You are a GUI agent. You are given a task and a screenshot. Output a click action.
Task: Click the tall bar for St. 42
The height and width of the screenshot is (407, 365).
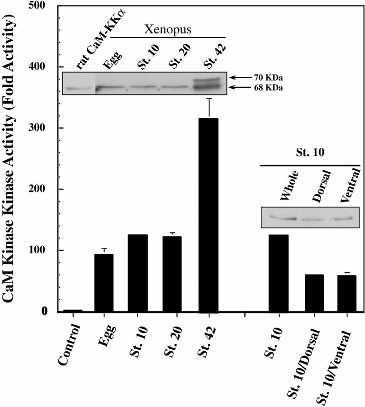coord(208,215)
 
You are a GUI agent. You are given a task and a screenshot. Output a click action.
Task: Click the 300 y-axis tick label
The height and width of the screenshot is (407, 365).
coord(42,128)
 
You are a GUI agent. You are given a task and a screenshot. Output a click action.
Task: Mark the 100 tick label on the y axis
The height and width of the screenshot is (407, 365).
coord(42,250)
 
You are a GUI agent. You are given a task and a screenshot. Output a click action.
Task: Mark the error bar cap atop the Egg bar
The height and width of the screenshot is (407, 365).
coord(104,249)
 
